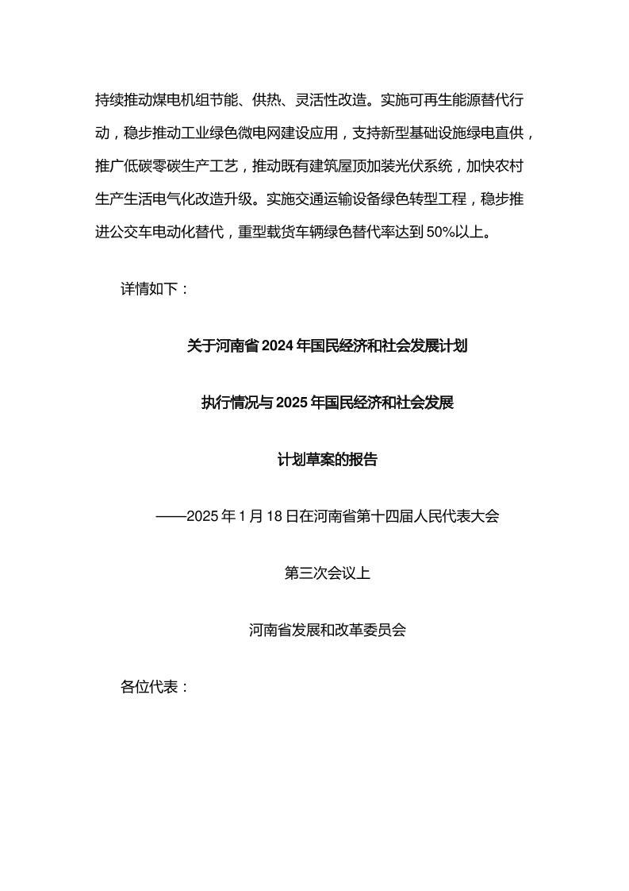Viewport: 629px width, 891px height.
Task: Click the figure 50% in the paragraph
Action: pyautogui.click(x=439, y=233)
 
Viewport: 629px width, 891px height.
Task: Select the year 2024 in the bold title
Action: pyautogui.click(x=277, y=346)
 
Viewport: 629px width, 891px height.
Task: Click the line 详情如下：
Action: pyautogui.click(x=155, y=289)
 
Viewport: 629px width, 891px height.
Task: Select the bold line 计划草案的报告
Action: pyautogui.click(x=327, y=459)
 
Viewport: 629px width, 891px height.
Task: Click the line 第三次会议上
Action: pyautogui.click(x=327, y=573)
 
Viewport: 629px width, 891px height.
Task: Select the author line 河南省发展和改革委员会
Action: pyautogui.click(x=327, y=631)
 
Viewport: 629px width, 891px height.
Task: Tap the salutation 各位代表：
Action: pyautogui.click(x=155, y=687)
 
